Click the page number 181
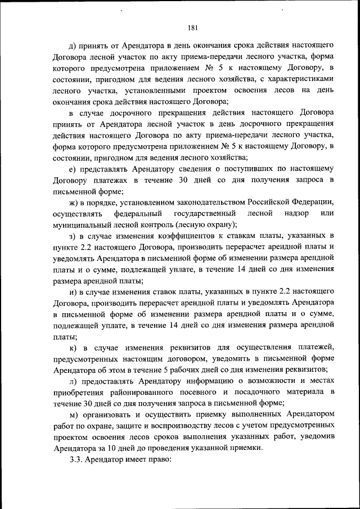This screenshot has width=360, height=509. point(192,26)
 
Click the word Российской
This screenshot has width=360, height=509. point(271,202)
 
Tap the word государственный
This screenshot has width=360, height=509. point(204,214)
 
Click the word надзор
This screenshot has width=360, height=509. point(298,214)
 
